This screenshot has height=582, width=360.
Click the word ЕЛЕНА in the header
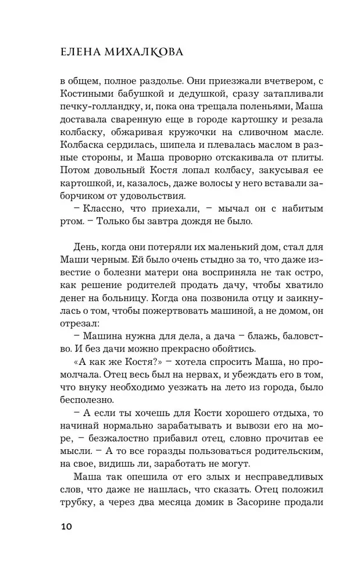pos(59,54)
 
